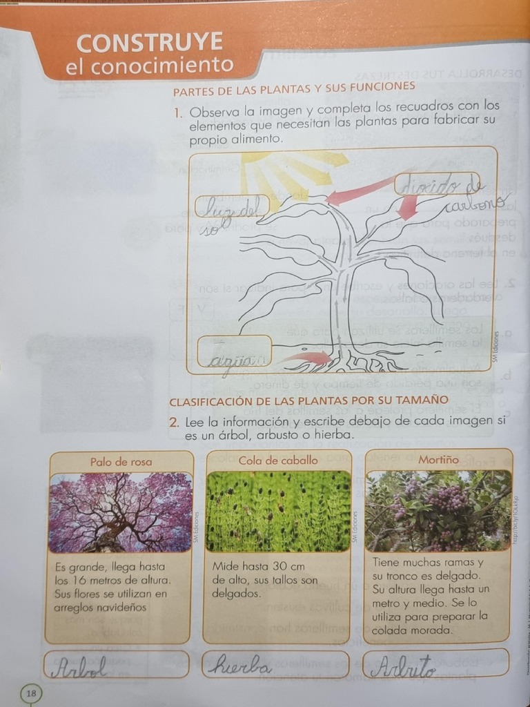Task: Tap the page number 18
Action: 32,693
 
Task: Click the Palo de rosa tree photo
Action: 121,512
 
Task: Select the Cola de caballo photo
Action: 278,511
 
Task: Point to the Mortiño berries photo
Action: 438,510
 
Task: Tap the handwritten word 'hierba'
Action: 238,666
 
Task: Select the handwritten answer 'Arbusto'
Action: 403,666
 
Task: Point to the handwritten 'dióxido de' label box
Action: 437,184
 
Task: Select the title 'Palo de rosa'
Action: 121,461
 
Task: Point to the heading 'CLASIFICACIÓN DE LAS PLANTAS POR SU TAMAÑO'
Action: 308,400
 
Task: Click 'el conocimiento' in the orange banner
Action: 149,66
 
